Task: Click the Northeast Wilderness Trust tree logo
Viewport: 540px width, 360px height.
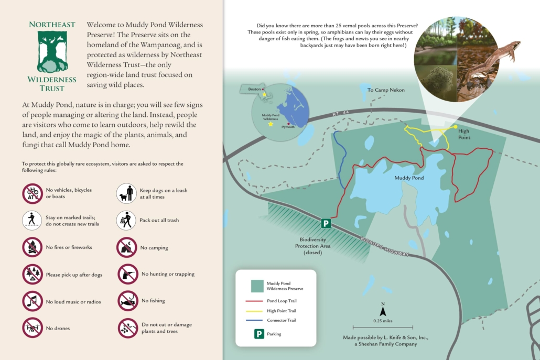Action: coord(52,51)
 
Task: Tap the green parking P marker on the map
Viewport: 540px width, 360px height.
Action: coord(326,224)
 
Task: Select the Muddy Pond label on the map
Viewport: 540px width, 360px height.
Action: coord(409,178)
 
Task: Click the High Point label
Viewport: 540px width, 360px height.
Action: coord(464,134)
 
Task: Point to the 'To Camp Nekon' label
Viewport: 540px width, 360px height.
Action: coord(386,90)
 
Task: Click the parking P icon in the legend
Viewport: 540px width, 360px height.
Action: coord(259,334)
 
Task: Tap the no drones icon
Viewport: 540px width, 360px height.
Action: coord(33,328)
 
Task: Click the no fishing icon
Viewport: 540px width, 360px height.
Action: coord(127,301)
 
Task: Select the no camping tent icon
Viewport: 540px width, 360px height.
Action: coord(127,247)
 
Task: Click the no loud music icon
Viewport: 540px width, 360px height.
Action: coord(33,301)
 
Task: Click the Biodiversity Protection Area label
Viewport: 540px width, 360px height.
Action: coord(312,246)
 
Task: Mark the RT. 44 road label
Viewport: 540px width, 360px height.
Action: coord(340,114)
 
